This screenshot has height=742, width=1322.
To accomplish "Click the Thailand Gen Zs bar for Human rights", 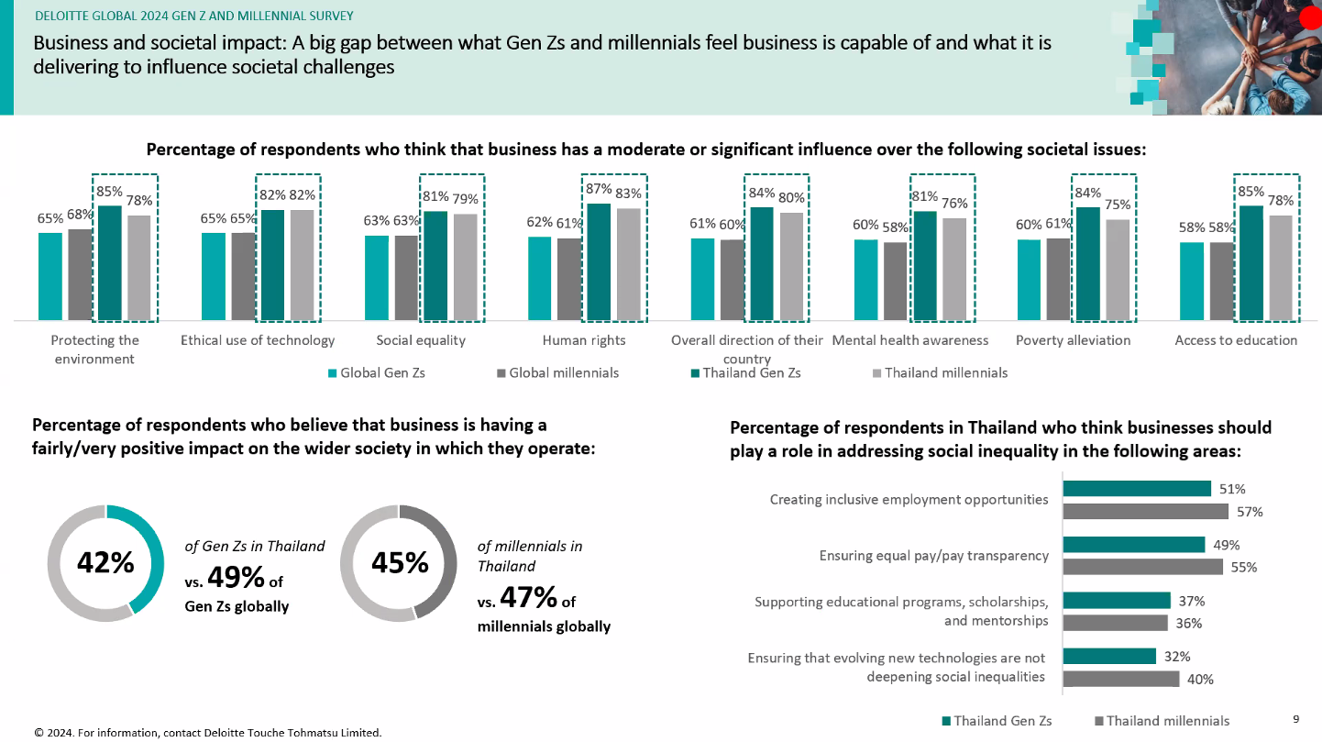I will coord(599,262).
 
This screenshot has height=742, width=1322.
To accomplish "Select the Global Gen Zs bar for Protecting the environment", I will coord(50,276).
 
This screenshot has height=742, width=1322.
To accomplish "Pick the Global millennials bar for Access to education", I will coord(1221,281).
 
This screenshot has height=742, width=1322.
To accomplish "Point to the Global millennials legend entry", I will coord(557,373).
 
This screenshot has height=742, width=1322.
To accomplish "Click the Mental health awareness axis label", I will coord(909,340).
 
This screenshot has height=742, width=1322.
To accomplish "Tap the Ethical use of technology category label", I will coord(258,340).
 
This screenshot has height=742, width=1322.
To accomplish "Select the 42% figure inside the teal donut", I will coord(105,563).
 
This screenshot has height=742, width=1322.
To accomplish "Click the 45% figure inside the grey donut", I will coord(400,563).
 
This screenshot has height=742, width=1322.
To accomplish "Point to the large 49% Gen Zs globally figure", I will coord(237,578).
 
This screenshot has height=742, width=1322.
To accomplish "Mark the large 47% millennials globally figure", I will coord(530,598).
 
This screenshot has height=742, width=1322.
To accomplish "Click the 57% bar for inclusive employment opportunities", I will coord(1145,511).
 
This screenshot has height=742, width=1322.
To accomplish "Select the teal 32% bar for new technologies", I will coord(1109,656).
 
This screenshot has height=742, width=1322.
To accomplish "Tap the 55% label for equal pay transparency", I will coord(1243,567).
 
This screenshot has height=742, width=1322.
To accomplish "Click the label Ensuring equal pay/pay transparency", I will coord(933,556).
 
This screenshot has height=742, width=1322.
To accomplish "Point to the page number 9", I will coord(1295,719).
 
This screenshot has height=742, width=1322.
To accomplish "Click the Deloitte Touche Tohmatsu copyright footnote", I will coord(207,732).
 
